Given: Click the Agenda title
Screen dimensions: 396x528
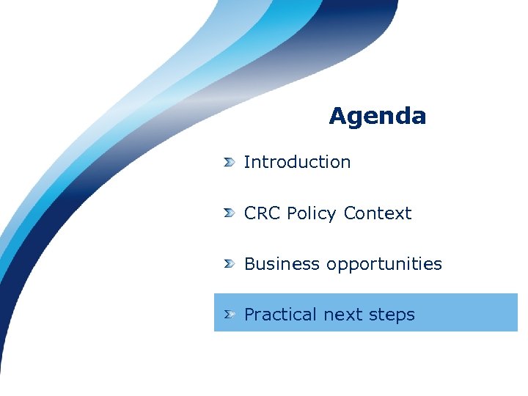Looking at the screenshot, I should point(377,116).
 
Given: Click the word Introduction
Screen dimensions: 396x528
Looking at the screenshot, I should point(297,162).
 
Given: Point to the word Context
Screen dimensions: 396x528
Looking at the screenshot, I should point(378,213).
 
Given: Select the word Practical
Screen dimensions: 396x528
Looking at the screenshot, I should point(281,315).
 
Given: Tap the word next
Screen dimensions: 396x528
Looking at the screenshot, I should point(342,315).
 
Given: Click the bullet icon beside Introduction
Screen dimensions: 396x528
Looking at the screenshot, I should point(230,162).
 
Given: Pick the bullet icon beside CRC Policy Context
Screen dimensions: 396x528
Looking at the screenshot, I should point(230,213).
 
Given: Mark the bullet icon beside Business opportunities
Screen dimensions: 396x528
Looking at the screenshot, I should point(230,264).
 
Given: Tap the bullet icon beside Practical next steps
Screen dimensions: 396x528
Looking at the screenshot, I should point(230,315).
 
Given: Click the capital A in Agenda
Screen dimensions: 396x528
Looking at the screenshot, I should point(337,116).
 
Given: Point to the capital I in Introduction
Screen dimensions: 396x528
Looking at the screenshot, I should point(246,162).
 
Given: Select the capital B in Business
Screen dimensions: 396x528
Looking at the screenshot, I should point(250,264).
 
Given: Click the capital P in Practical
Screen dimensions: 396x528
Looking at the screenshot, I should point(249,315).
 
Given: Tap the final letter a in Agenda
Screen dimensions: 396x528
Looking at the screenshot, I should point(419,117).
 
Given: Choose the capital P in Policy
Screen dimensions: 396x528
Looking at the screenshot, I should point(292,213).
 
